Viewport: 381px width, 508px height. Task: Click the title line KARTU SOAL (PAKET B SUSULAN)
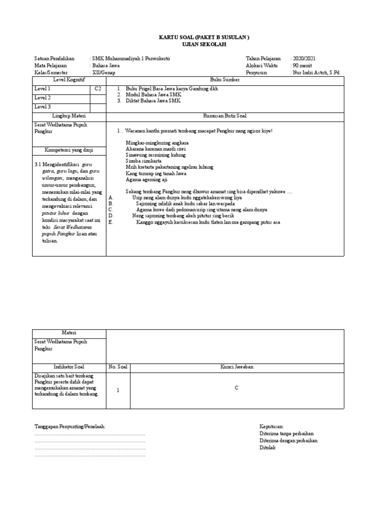click(x=190, y=38)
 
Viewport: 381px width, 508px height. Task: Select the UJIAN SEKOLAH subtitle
click(x=190, y=44)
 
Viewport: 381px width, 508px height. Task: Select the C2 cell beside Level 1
click(x=98, y=89)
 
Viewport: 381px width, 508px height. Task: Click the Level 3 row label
click(x=42, y=107)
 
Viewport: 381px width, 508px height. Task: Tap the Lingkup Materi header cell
click(x=69, y=116)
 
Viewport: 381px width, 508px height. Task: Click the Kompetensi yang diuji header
click(x=69, y=150)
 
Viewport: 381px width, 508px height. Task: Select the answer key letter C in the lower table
click(x=237, y=388)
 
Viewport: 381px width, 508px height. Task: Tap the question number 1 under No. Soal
click(x=118, y=390)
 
